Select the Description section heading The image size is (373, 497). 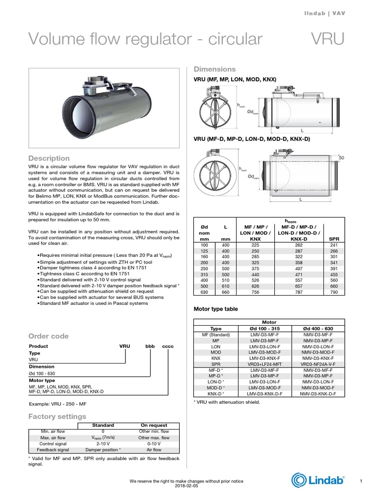pyautogui.click(x=49, y=158)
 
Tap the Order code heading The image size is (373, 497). pyautogui.click(x=49, y=336)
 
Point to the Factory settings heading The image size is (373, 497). pyautogui.click(x=57, y=416)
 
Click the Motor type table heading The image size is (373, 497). pyautogui.click(x=216, y=309)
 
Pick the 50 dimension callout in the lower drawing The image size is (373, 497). pyautogui.click(x=341, y=158)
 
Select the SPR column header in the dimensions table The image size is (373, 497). pyautogui.click(x=334, y=239)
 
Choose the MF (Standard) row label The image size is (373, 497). pyautogui.click(x=215, y=335)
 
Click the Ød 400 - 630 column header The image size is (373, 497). pyautogui.click(x=318, y=329)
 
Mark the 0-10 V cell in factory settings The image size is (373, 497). pyautogui.click(x=153, y=444)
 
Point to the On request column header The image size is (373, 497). pyautogui.click(x=153, y=425)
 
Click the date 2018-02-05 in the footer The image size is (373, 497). pyautogui.click(x=186, y=486)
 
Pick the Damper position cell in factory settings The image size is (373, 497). pyautogui.click(x=103, y=450)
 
